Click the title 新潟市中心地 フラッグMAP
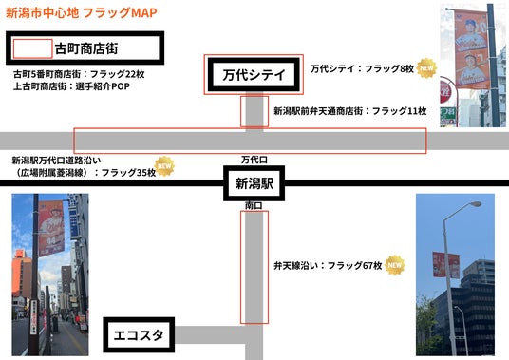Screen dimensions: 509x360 point(82,13)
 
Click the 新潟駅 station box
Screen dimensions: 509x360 point(254,183)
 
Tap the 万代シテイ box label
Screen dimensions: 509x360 point(254,75)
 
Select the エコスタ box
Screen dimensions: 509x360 point(139,335)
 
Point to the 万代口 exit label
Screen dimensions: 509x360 point(254,160)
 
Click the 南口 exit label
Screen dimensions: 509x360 point(254,205)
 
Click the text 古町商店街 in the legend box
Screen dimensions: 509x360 point(86,48)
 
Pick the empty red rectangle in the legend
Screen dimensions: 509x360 point(32,48)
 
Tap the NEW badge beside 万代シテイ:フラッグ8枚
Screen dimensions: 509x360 point(426,68)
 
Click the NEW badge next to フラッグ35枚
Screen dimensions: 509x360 point(164,166)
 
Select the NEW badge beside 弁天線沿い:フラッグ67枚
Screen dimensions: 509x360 point(395,265)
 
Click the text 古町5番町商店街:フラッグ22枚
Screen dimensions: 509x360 point(79,74)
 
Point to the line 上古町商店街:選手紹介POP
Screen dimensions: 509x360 point(71,86)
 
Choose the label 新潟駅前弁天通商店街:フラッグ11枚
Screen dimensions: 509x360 point(349,111)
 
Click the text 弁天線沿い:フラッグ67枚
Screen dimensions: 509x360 point(328,266)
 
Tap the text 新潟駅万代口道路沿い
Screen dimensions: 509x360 point(56,160)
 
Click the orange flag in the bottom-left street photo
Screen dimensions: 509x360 point(51,228)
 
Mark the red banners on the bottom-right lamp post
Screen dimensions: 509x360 point(446,265)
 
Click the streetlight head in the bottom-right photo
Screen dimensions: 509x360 point(476,204)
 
